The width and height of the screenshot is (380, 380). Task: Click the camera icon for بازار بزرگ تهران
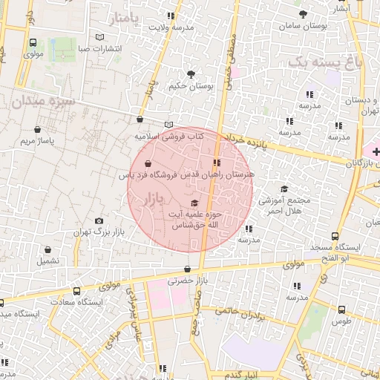[99, 221]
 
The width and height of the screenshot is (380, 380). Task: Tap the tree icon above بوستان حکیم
[191, 74]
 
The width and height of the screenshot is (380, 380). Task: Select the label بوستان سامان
[301, 26]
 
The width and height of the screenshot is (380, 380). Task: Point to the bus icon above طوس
[341, 309]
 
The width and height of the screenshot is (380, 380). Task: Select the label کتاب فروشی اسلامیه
[169, 137]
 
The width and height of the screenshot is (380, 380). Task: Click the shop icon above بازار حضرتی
[186, 269]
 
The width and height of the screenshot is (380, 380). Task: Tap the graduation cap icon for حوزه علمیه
[194, 203]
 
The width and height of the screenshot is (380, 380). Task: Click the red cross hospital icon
[376, 151]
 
